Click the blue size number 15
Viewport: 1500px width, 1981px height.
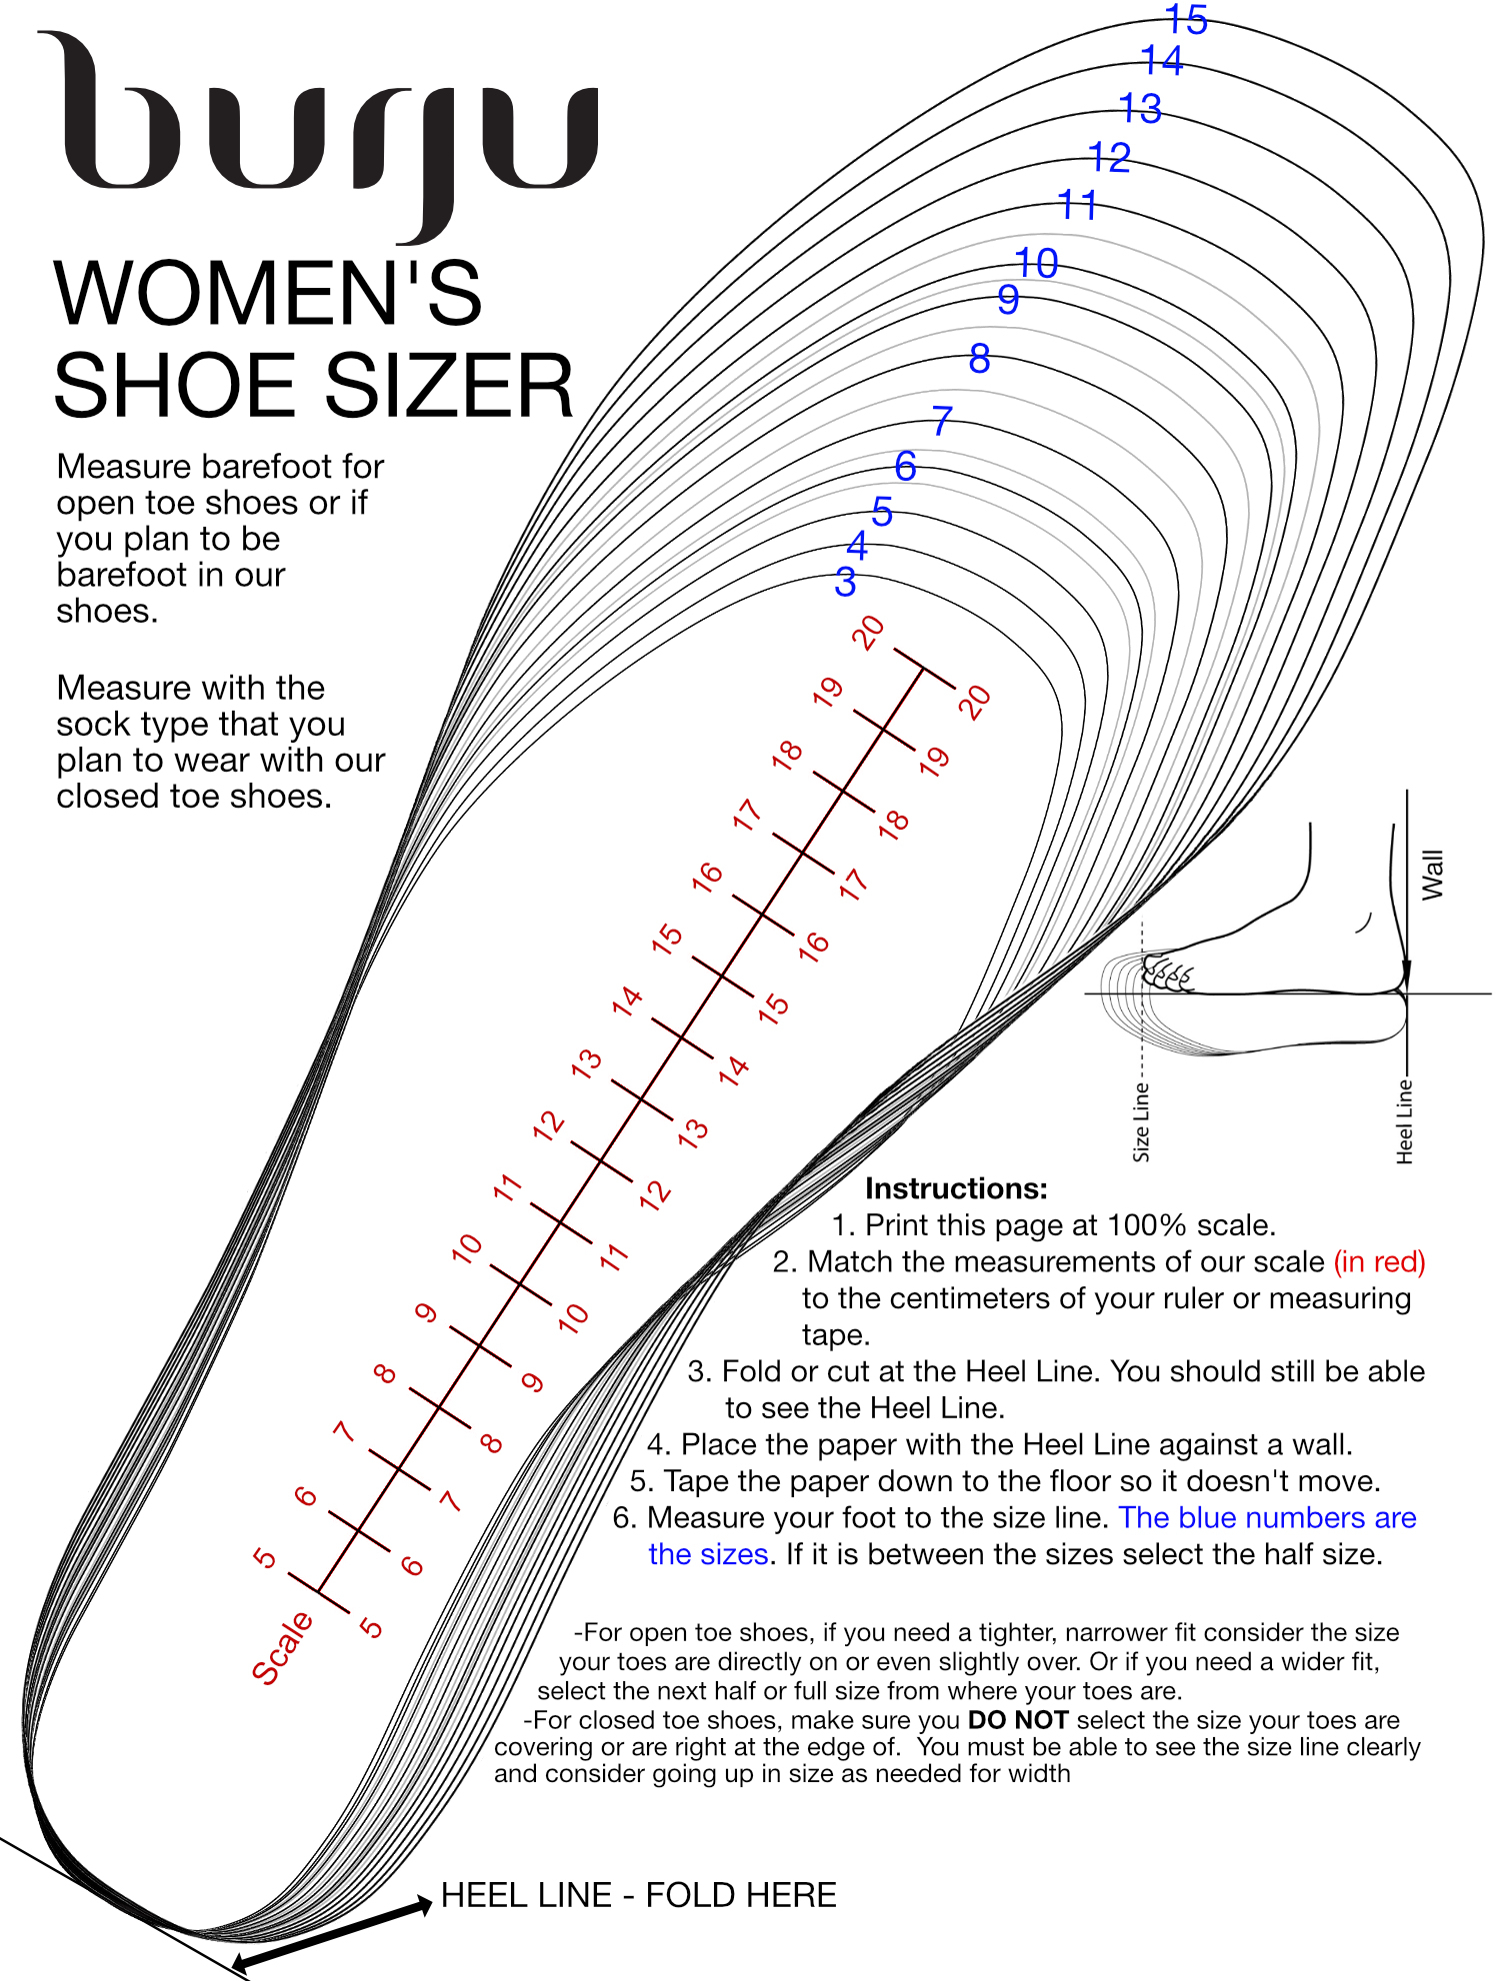1187,20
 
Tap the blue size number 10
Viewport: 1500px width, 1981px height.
1036,264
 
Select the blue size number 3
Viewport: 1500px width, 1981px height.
845,582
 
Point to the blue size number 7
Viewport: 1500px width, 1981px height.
941,421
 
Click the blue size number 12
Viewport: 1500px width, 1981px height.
1109,158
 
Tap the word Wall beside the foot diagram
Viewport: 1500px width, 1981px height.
1432,875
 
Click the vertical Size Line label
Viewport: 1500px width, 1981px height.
1141,1121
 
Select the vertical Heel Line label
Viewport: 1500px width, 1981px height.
1404,1120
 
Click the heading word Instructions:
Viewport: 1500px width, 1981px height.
956,1188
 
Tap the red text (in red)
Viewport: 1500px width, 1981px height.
1379,1261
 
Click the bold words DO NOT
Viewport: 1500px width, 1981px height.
1018,1720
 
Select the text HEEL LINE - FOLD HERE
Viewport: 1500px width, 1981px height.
638,1895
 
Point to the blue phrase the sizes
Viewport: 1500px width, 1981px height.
708,1554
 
